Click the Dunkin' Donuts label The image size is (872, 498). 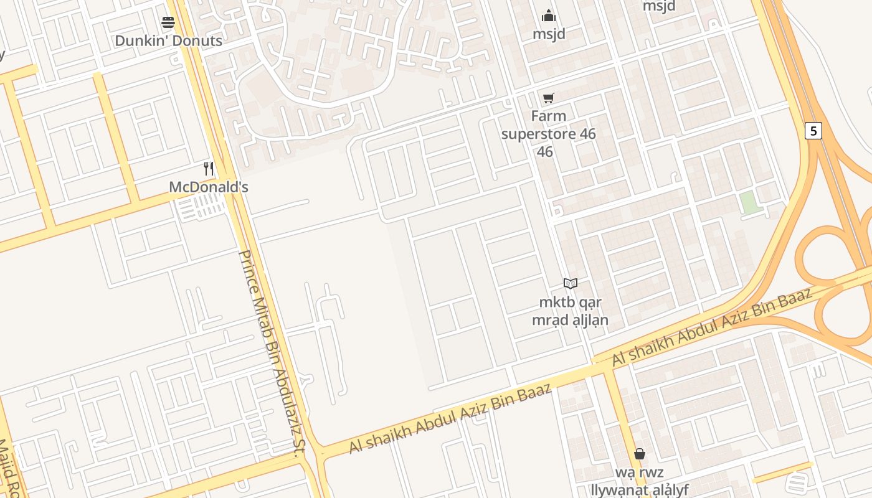(168, 41)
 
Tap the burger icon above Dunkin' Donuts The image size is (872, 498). (168, 23)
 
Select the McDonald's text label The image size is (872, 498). (209, 187)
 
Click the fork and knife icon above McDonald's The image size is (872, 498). (209, 169)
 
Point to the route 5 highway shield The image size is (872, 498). (813, 131)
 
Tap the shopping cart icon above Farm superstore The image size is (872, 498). (548, 98)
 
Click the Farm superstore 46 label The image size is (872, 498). (548, 133)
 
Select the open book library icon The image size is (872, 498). (570, 284)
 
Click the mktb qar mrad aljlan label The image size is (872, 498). (570, 311)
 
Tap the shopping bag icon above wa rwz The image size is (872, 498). (639, 454)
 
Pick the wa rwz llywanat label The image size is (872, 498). (639, 481)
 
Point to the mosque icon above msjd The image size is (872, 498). (549, 16)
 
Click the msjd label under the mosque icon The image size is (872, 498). (549, 34)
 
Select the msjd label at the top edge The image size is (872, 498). (659, 6)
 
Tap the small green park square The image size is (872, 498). (751, 203)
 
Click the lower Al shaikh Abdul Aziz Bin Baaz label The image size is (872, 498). (450, 419)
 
